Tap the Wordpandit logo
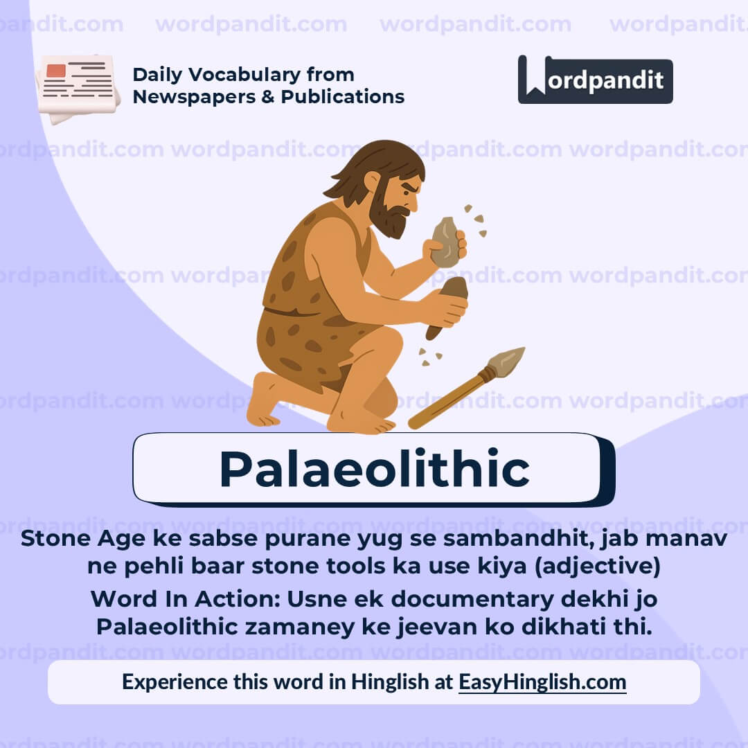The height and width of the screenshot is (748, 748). pos(595,80)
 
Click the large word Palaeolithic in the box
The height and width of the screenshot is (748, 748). pos(374,469)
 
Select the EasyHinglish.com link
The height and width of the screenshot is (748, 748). pos(542,682)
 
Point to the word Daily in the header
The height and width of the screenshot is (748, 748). pos(157,75)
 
